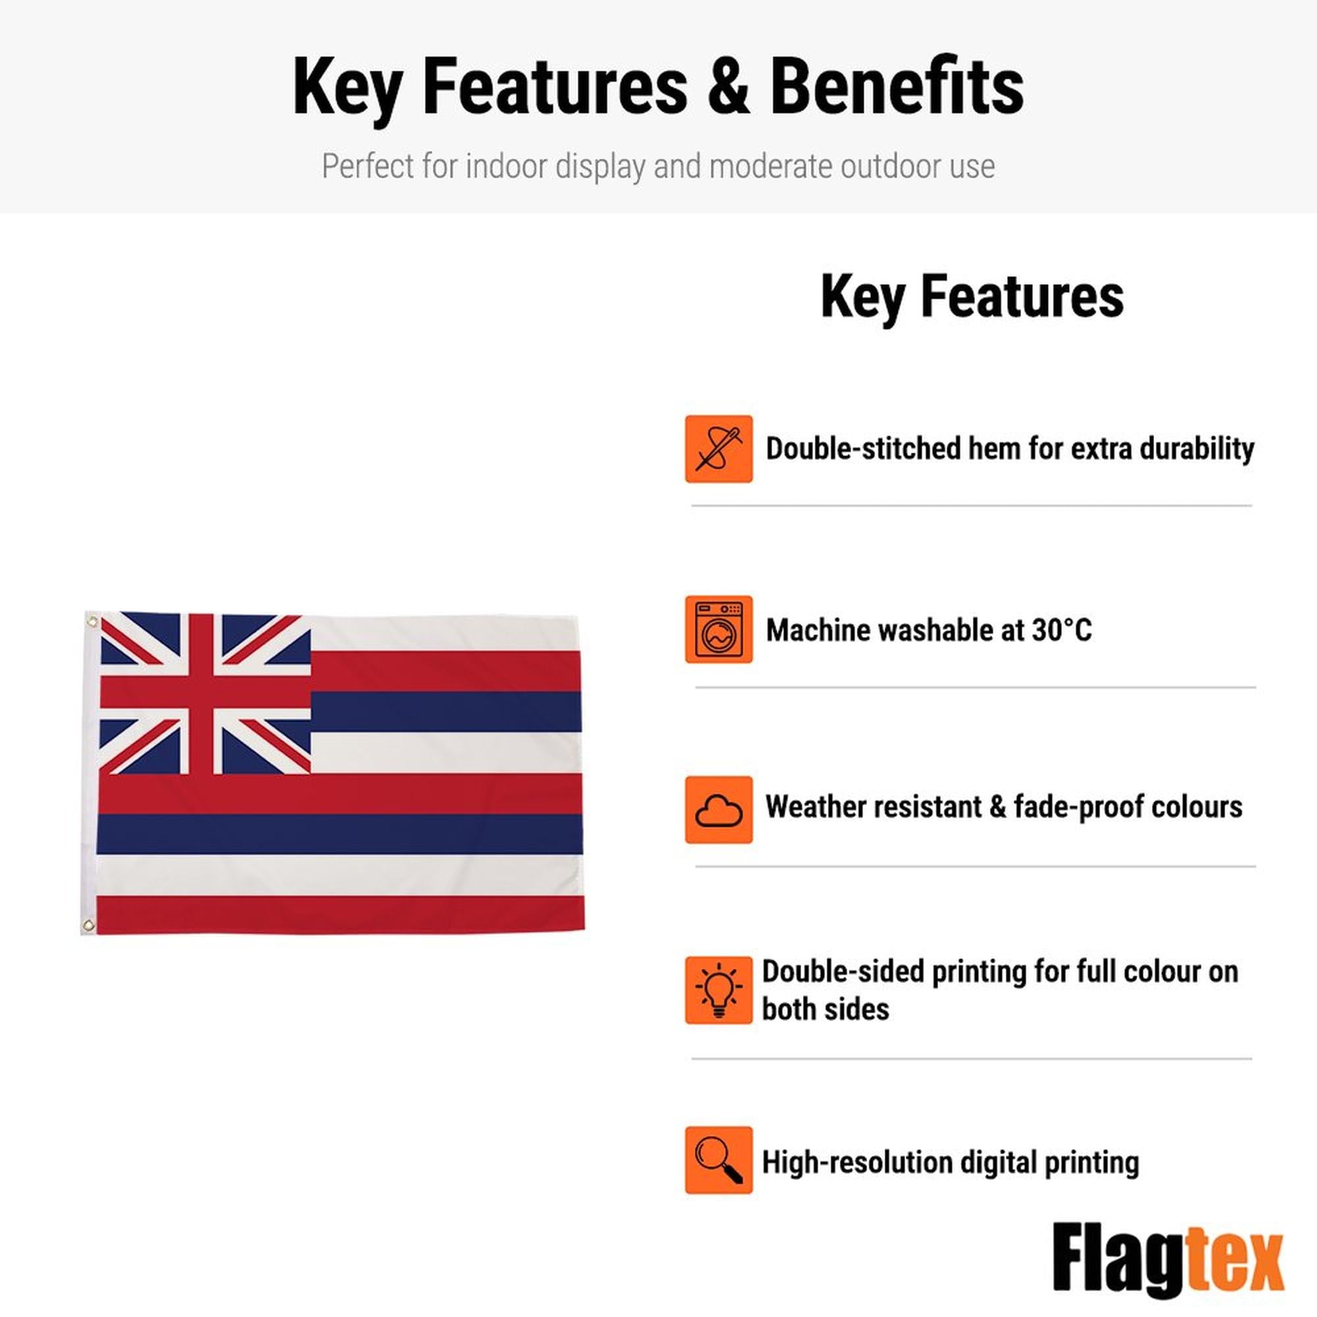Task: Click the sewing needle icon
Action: coord(718,449)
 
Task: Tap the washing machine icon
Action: coord(718,629)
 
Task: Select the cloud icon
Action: coord(718,809)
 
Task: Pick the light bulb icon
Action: coord(718,990)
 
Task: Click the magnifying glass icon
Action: coord(718,1160)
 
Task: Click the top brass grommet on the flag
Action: coord(93,622)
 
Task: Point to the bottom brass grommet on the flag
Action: coord(88,925)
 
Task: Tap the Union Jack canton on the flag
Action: coord(205,693)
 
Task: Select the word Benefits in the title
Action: coord(897,86)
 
